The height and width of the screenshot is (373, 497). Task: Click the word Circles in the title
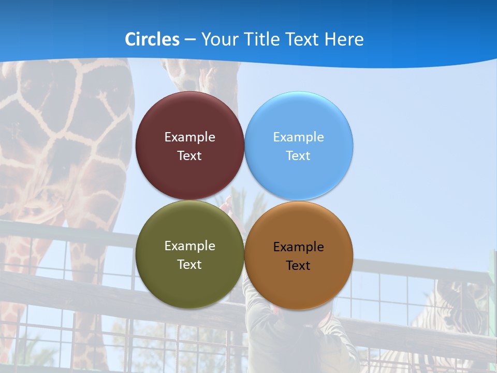(152, 39)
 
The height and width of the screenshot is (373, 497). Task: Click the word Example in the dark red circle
(189, 137)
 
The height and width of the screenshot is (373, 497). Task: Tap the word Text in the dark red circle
(189, 155)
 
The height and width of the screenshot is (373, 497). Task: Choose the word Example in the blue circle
(298, 137)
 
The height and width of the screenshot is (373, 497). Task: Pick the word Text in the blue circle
(298, 155)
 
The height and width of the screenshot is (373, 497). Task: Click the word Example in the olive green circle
(189, 246)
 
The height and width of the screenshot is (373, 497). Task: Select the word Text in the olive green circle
(189, 264)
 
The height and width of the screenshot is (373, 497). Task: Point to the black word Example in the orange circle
(298, 247)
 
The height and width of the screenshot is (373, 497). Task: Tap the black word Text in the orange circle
(298, 265)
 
